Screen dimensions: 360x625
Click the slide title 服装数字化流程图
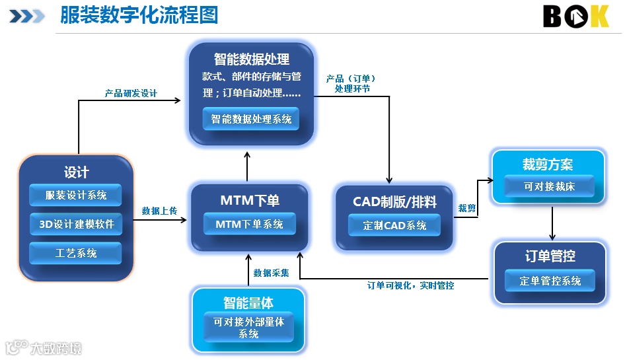click(139, 15)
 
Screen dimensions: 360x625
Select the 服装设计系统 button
click(76, 196)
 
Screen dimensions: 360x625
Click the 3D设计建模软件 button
click(76, 224)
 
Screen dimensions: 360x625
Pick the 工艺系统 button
click(76, 253)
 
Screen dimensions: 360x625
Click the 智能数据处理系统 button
click(250, 120)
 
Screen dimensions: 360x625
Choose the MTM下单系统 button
click(249, 225)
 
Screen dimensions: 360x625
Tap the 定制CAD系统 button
click(394, 225)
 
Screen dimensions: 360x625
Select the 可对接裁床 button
click(549, 187)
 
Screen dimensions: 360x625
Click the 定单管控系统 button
click(550, 281)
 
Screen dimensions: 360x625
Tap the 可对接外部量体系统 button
click(248, 328)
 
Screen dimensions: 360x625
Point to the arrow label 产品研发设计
click(131, 94)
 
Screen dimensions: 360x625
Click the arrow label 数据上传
click(159, 211)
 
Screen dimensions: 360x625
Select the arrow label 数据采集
click(271, 272)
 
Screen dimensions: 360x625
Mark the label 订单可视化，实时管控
click(410, 285)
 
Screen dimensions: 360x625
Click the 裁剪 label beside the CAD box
click(467, 208)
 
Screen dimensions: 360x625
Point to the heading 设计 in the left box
click(76, 172)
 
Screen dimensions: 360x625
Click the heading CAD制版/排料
click(394, 201)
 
